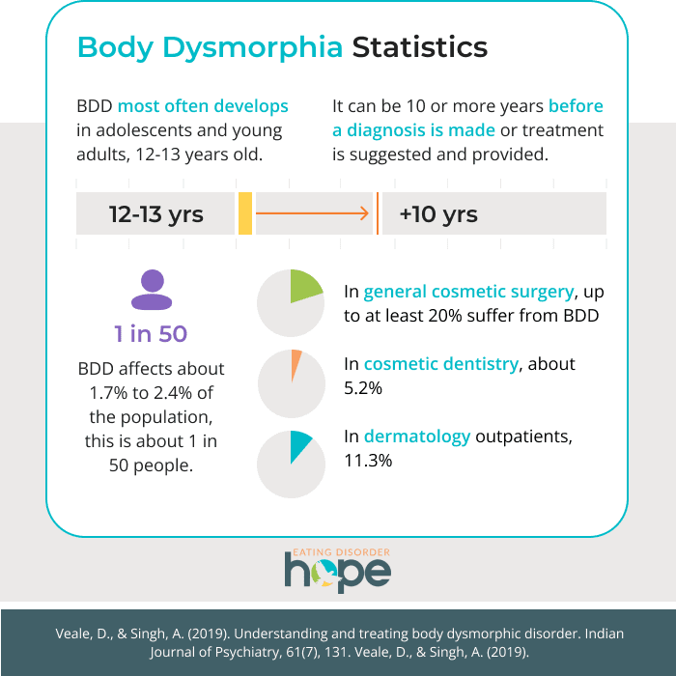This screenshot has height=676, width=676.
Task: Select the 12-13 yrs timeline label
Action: [156, 213]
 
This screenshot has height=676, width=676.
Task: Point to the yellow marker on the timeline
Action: [245, 213]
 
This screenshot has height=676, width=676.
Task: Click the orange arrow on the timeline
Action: [315, 213]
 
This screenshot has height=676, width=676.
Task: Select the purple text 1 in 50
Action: [151, 334]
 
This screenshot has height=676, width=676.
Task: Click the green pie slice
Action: [303, 287]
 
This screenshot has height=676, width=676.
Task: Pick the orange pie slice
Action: [296, 362]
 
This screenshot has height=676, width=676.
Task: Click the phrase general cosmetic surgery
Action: [469, 292]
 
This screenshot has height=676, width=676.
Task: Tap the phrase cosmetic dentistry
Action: [442, 364]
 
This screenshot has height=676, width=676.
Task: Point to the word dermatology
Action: [417, 437]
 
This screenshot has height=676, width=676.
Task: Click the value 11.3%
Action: [368, 461]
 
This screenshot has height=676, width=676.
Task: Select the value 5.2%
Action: [363, 388]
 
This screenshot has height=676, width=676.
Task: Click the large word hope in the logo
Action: [337, 572]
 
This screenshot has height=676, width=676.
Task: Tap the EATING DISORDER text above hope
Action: [338, 551]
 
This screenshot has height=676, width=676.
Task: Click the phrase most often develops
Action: [203, 105]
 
